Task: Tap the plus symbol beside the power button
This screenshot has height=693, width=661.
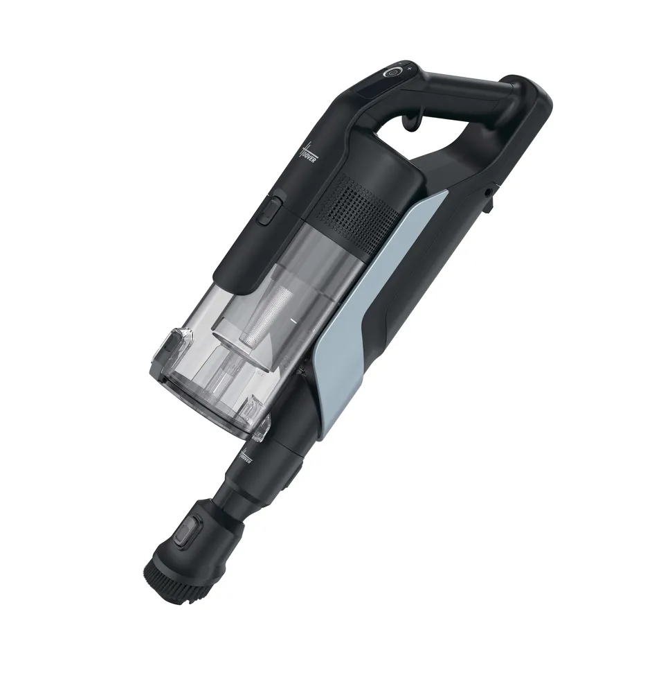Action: (x=409, y=68)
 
